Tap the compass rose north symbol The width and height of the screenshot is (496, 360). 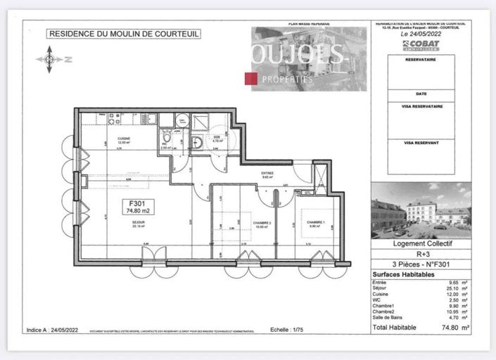(x=49, y=59)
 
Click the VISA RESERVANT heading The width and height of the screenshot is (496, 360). (x=421, y=141)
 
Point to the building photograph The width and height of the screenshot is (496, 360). (x=421, y=210)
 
